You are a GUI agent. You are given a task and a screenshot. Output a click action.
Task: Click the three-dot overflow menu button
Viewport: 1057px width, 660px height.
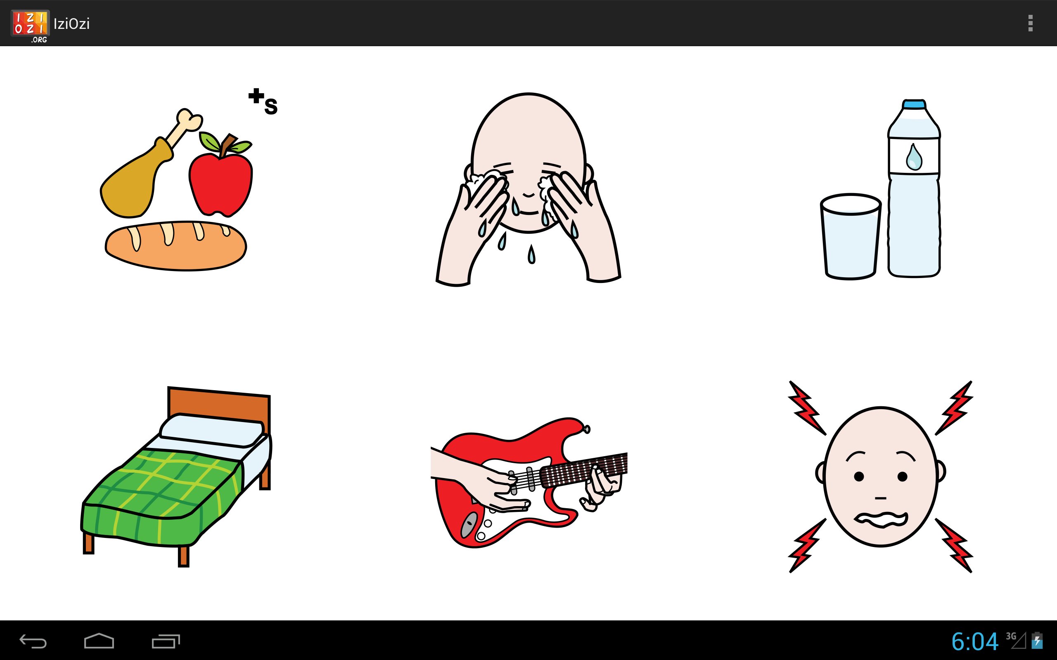pos(1030,23)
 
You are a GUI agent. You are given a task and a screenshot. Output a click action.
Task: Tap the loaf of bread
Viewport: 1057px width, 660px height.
pos(175,246)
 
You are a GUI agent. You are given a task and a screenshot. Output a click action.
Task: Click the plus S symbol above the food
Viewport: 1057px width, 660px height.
pos(263,102)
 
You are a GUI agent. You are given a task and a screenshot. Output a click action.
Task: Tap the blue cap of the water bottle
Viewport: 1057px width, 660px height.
pos(914,104)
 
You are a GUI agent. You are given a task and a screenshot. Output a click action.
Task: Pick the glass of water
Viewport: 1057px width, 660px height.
pos(850,236)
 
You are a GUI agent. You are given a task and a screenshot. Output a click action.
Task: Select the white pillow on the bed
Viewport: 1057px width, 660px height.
pos(212,430)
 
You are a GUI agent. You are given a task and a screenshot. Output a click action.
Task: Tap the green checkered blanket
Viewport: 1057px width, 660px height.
pos(161,497)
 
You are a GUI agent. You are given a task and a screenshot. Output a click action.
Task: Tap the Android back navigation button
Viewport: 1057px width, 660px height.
pos(33,641)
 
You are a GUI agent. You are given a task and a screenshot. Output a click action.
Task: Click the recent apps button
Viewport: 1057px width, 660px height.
pos(166,641)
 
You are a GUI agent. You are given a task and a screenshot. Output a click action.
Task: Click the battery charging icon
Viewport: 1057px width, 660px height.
pos(1037,641)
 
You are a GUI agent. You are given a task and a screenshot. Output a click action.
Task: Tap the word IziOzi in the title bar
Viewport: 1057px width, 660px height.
pos(71,24)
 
